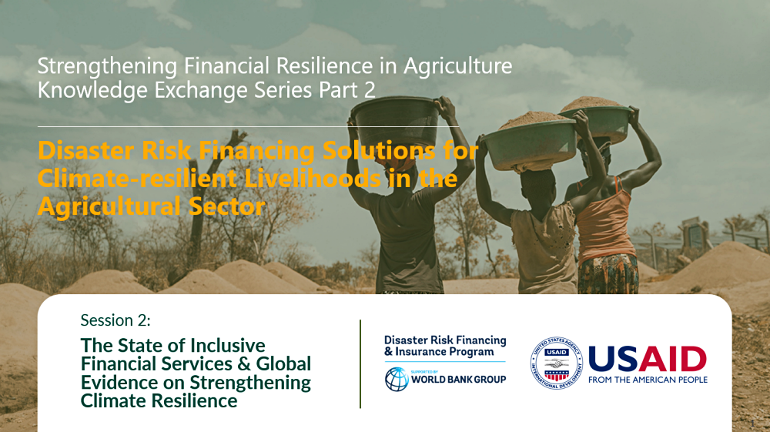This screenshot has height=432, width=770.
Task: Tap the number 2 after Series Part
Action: coord(370,90)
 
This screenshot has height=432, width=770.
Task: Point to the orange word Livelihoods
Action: coord(313,178)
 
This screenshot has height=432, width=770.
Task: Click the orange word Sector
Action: coord(227,206)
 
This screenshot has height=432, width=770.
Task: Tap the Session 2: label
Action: coord(115,320)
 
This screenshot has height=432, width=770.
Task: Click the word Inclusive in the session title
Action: coord(228,345)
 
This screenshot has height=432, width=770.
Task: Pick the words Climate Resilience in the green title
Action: coord(159,400)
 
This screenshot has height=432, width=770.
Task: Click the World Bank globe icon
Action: coord(397,380)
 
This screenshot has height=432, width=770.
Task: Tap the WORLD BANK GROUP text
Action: coord(459,380)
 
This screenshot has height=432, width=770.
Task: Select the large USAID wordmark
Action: coord(648,359)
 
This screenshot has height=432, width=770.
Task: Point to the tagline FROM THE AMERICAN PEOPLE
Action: coord(648,380)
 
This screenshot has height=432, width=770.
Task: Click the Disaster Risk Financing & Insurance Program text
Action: coord(445,346)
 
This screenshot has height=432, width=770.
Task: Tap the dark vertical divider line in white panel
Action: coord(360,363)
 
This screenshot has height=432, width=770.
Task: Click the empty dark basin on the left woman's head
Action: coord(395,122)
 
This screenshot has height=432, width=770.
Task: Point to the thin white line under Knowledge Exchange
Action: coord(249,126)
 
